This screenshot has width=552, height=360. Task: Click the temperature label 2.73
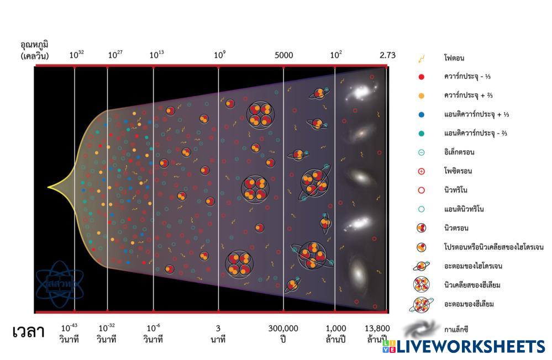[387, 55]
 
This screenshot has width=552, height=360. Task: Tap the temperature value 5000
[284, 55]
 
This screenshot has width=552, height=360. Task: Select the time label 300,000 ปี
[283, 333]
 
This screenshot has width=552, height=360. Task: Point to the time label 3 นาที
[218, 333]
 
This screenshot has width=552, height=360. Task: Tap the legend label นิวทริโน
[456, 190]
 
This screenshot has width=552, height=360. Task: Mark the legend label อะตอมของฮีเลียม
[468, 304]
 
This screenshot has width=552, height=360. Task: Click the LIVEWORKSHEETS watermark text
[470, 346]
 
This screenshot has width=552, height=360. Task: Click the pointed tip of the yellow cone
[48, 188]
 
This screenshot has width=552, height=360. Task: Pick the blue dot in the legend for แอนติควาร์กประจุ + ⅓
[422, 114]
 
